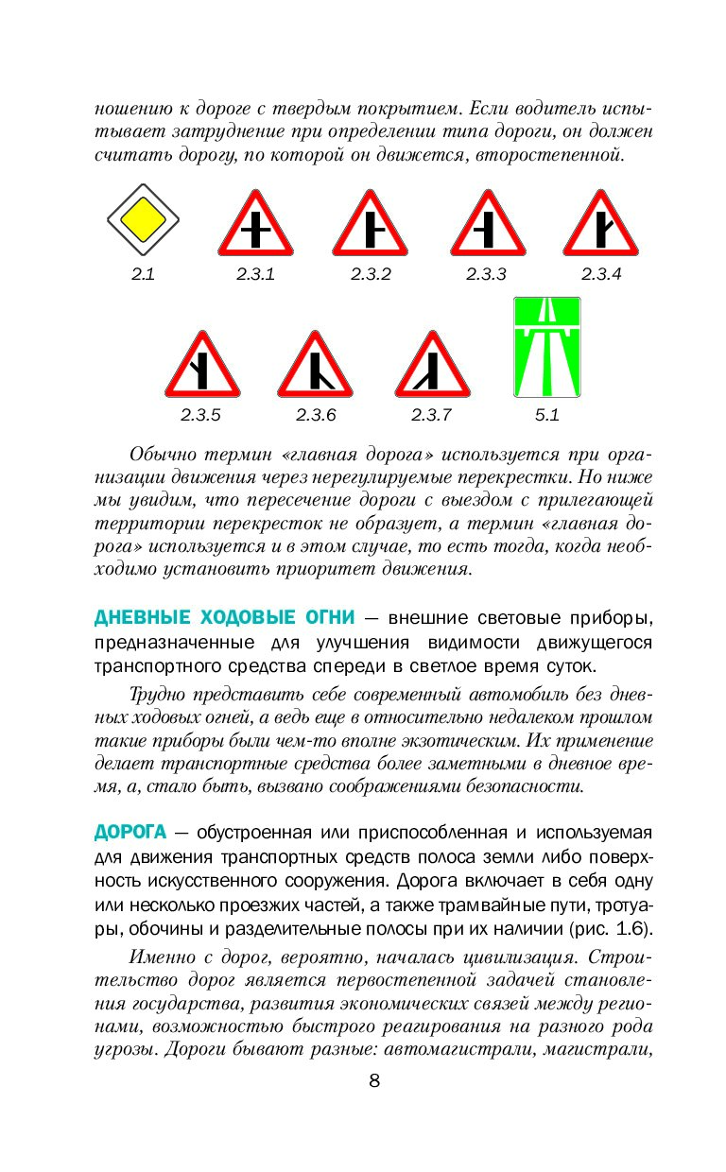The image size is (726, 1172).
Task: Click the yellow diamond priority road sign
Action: click(x=143, y=222)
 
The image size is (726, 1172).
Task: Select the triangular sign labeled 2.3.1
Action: click(x=255, y=227)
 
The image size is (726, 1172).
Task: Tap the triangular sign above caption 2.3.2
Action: click(x=370, y=227)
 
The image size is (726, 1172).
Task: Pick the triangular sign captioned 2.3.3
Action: click(x=486, y=227)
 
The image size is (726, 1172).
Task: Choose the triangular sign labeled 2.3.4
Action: click(x=600, y=227)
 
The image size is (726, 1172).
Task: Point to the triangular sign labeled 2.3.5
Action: click(x=201, y=368)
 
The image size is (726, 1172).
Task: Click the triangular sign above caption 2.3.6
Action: click(x=315, y=368)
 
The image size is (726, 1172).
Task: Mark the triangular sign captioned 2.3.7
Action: click(x=431, y=368)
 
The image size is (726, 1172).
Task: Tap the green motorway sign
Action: click(x=546, y=347)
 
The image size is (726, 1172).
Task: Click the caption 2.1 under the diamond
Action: click(x=143, y=275)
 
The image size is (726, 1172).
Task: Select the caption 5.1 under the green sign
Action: click(x=547, y=415)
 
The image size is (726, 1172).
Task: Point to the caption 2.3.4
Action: click(x=601, y=275)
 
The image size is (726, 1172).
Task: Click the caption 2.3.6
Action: click(x=316, y=415)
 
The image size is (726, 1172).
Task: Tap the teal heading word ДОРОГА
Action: click(x=130, y=833)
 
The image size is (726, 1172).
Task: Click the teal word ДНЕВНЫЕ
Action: click(x=143, y=618)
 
